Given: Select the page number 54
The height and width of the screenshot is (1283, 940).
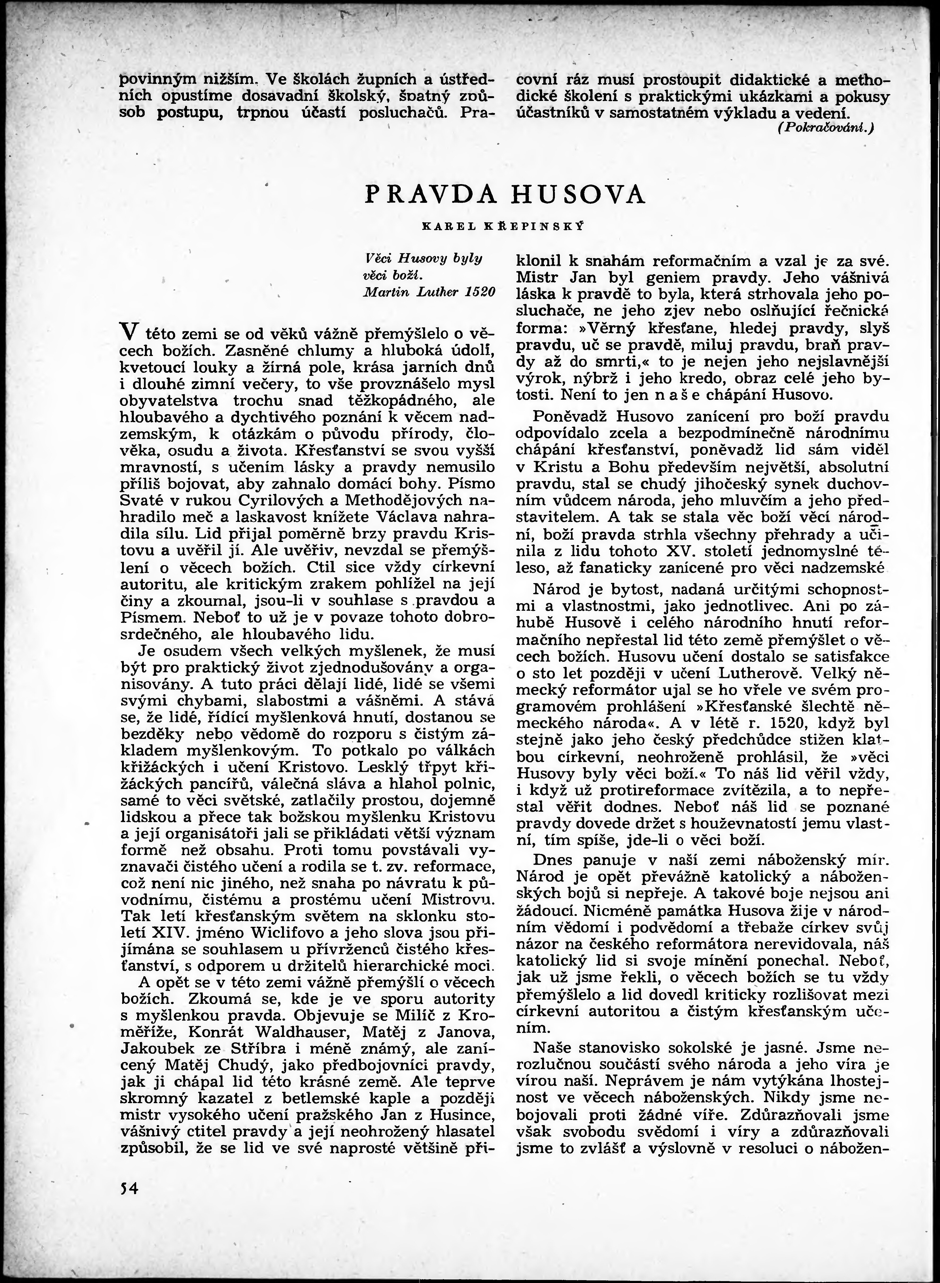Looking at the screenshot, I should (130, 1188).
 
